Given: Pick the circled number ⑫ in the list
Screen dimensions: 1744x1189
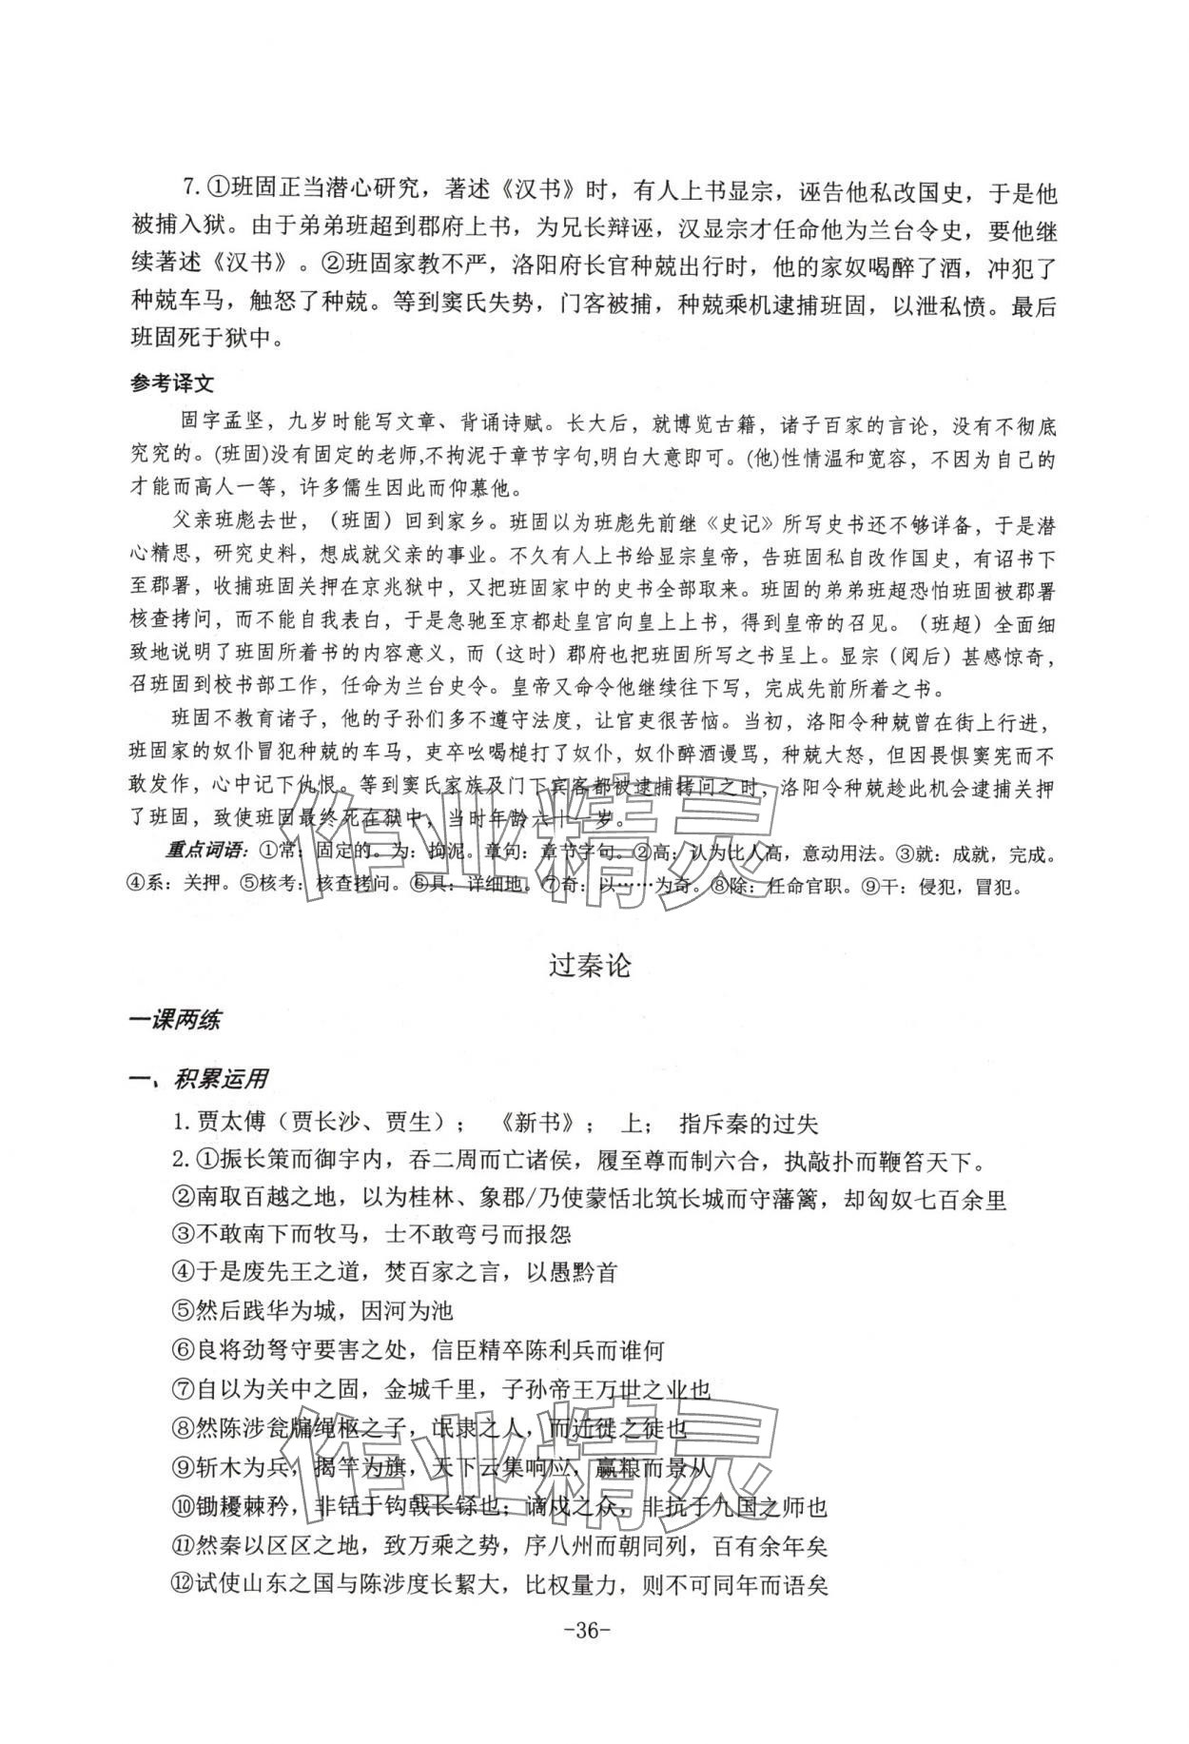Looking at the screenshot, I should point(183,1584).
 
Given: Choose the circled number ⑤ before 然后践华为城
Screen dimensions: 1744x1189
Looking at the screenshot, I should point(183,1311).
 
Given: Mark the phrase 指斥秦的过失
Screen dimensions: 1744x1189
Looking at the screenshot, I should point(749,1123).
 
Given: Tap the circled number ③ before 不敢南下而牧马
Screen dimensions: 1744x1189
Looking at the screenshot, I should point(183,1234).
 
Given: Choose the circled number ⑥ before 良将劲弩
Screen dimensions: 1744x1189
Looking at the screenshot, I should point(183,1350).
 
